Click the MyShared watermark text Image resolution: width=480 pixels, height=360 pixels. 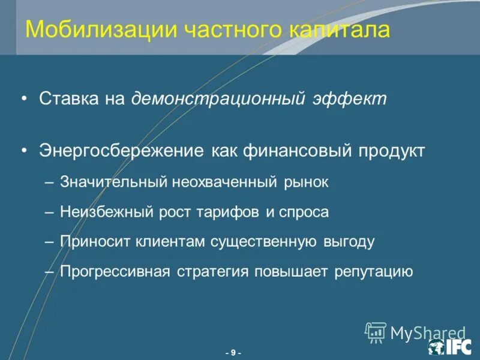coord(428,332)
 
